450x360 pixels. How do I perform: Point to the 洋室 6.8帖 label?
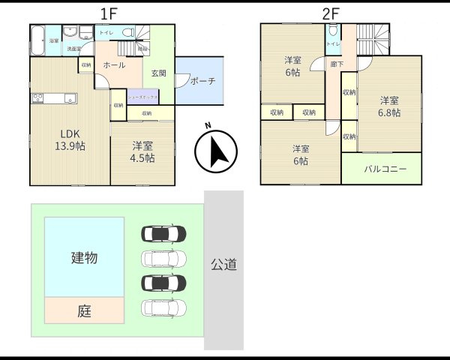[388, 106]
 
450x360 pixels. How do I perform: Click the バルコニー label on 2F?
[385, 169]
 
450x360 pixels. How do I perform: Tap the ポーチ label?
[202, 81]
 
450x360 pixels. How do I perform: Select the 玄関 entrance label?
[159, 73]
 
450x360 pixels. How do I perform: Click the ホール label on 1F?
[115, 65]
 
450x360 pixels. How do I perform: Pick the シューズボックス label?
[141, 97]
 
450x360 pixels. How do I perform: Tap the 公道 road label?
[223, 264]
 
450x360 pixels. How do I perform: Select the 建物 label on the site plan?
[84, 258]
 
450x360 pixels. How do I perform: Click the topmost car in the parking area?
[163, 234]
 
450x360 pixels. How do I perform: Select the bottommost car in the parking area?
[163, 307]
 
